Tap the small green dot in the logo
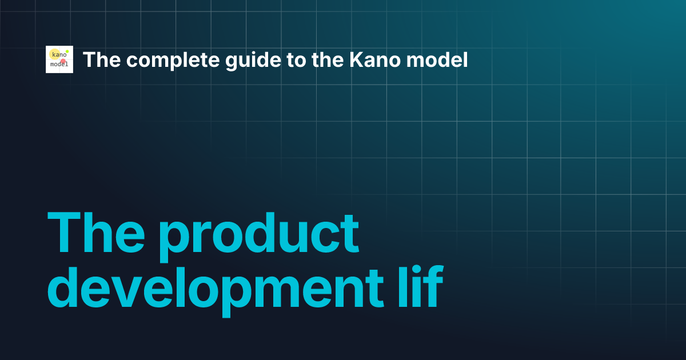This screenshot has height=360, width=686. coord(67,51)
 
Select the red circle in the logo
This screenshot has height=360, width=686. coord(63,61)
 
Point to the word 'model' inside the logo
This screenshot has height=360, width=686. coord(59,64)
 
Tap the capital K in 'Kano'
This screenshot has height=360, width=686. coord(356,59)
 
